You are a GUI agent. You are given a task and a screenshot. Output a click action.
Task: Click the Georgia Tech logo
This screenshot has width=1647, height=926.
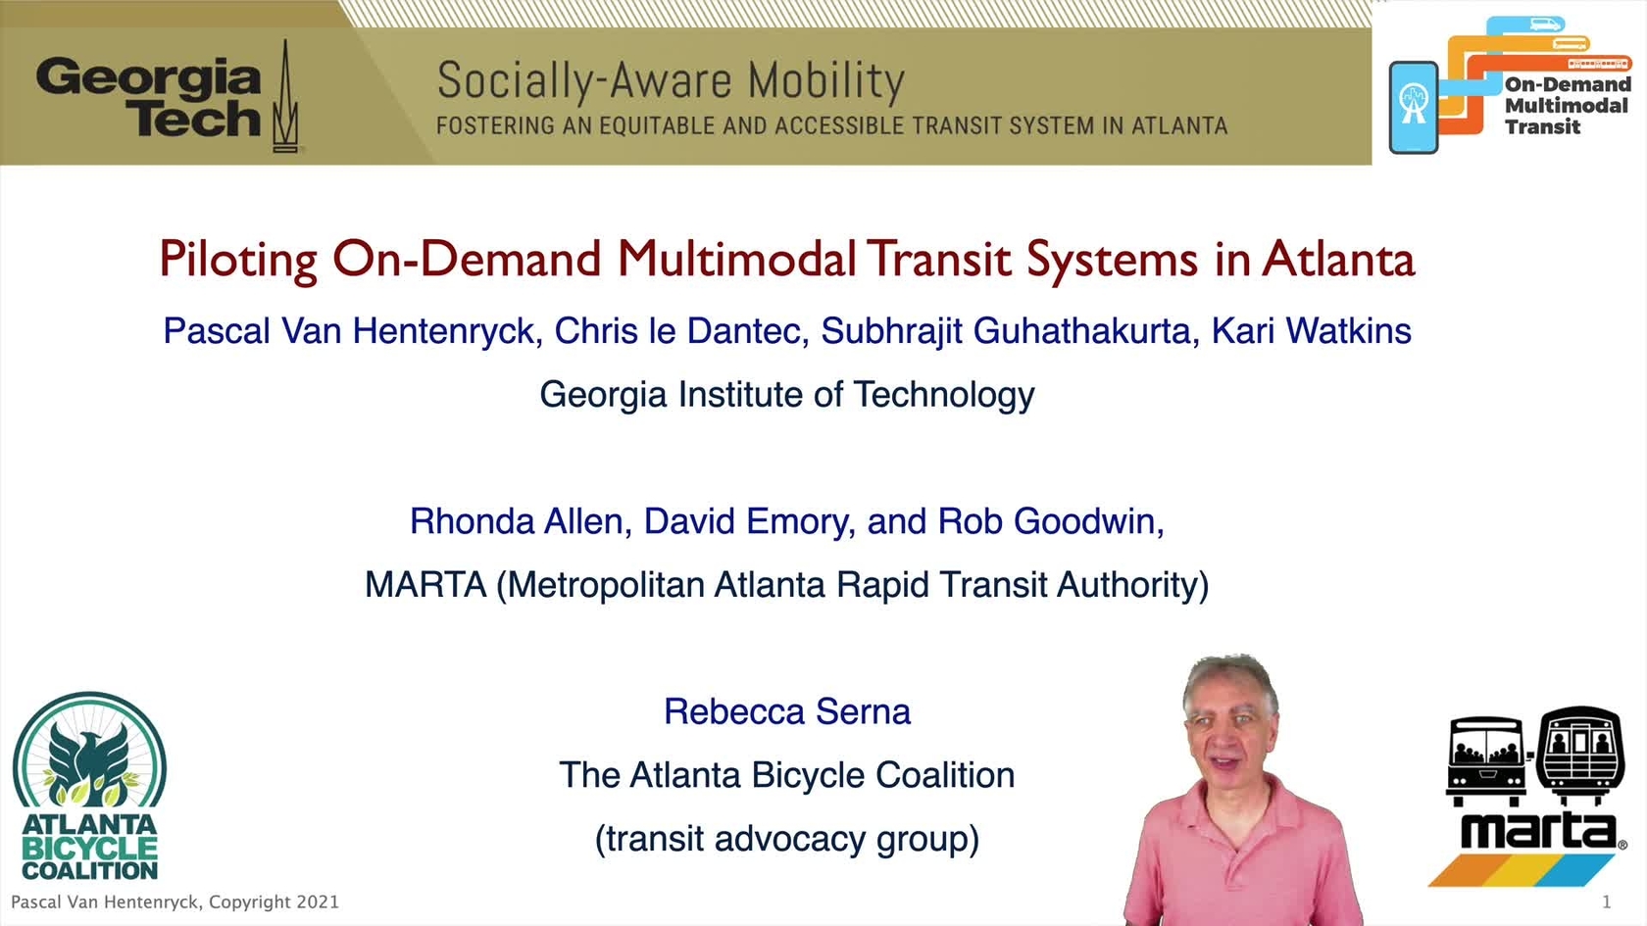168,97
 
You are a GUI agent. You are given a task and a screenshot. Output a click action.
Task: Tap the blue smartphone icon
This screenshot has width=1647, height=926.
1414,108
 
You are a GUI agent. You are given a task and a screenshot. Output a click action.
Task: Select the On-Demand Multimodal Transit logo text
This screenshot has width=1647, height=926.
1568,105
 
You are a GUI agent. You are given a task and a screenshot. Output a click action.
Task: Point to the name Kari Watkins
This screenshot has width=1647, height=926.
1311,331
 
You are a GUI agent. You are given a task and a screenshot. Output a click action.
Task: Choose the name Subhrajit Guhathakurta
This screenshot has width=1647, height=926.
1006,331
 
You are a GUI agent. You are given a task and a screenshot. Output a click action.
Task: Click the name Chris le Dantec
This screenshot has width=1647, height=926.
676,331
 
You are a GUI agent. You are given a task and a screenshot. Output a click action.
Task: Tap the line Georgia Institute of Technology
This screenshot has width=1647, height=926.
786,395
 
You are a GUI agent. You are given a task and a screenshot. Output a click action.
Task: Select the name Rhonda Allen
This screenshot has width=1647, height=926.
516,521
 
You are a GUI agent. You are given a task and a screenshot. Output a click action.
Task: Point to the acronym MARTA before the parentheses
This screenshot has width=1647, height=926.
425,585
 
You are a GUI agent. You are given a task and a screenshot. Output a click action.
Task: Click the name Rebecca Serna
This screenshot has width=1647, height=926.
786,711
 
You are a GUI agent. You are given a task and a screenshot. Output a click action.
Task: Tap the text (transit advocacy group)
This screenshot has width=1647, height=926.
786,839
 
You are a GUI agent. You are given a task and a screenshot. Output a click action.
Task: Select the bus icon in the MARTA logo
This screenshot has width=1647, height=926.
1485,760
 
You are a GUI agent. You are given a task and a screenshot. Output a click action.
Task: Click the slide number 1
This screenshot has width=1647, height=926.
1607,902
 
